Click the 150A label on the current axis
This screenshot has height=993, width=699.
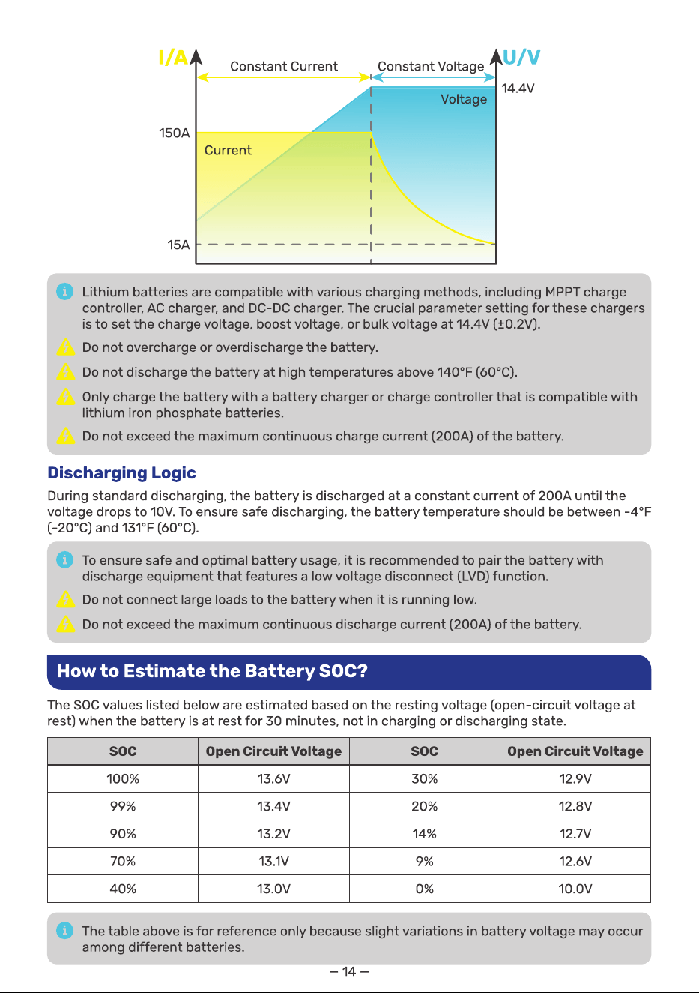point(174,133)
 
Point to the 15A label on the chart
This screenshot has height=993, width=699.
point(178,244)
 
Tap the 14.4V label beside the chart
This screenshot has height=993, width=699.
point(518,88)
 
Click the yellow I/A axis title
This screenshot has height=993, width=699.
point(173,58)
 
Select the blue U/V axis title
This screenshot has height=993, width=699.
point(521,57)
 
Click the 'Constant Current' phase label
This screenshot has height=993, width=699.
point(284,66)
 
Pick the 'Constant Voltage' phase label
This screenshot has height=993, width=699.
point(431,67)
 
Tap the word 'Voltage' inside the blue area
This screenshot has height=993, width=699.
point(464,99)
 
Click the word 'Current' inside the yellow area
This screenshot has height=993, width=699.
point(228,150)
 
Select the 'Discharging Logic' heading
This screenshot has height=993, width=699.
point(122,473)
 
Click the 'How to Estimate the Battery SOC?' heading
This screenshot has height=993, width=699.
point(212,670)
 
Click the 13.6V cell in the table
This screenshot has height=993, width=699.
point(273,779)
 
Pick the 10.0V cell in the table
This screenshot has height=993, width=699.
point(575,889)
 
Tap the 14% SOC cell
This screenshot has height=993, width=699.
point(424,834)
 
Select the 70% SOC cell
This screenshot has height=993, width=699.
point(123,861)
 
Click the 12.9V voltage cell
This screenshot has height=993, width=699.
point(575,779)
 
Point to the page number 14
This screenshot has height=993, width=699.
point(349,971)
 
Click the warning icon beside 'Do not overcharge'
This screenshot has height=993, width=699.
point(66,347)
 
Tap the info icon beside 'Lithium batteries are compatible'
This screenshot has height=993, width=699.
point(64,291)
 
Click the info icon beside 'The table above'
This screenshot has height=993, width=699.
point(64,930)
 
